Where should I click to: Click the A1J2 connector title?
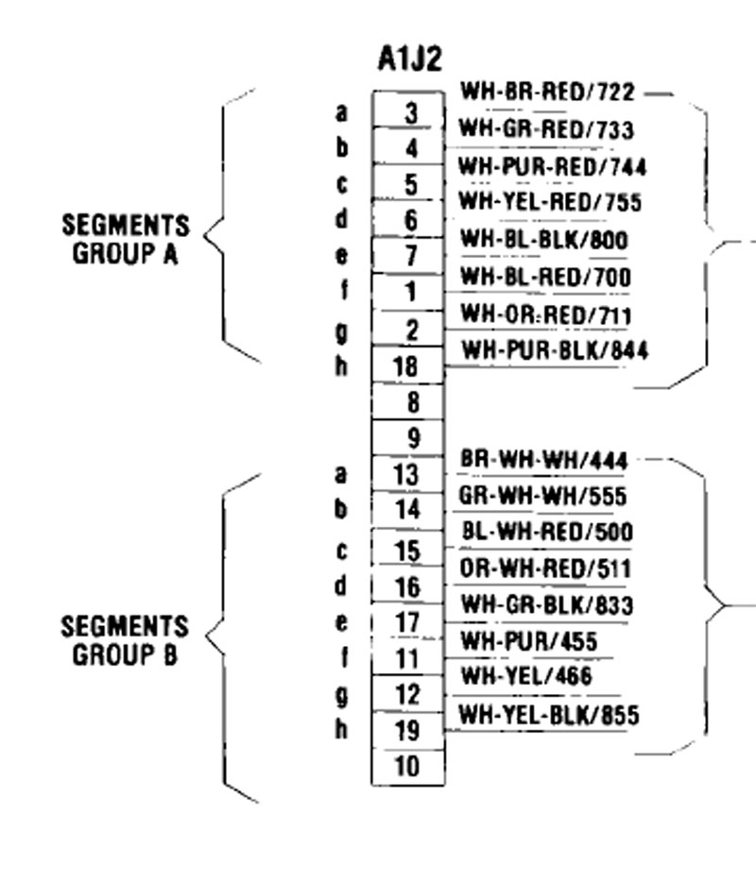(x=409, y=59)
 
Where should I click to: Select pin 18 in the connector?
(x=405, y=366)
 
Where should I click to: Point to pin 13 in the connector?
(x=406, y=474)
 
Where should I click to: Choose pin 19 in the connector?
(x=406, y=730)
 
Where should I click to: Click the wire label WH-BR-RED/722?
(x=547, y=92)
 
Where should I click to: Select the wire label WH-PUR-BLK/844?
(x=555, y=350)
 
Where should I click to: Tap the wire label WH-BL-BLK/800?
(x=544, y=240)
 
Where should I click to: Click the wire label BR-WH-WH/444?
(x=543, y=460)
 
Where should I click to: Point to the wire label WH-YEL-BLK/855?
(x=549, y=715)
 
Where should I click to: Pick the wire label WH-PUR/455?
(x=529, y=641)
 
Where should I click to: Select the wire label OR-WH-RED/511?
(x=545, y=569)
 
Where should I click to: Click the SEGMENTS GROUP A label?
(x=126, y=239)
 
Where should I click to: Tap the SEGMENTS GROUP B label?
(x=125, y=641)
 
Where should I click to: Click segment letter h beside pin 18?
(x=341, y=365)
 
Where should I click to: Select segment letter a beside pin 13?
(x=341, y=474)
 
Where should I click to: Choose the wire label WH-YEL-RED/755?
(x=550, y=201)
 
